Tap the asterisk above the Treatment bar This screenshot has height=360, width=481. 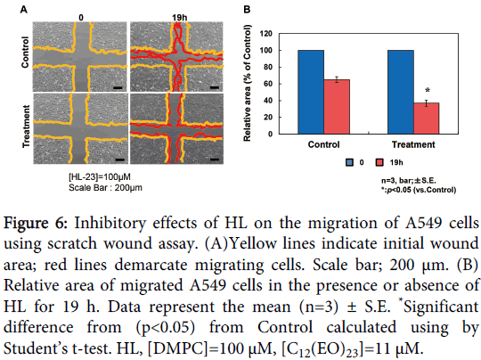pos(428,91)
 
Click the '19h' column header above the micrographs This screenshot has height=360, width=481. pos(179,16)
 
